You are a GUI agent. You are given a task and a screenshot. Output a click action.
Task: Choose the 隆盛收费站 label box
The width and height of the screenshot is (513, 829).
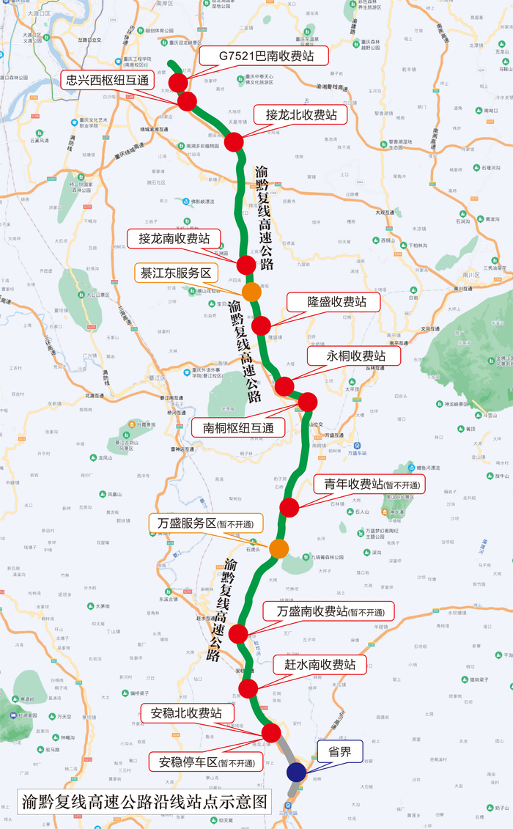333,302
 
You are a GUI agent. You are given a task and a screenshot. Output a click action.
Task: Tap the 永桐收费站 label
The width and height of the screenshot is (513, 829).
354,356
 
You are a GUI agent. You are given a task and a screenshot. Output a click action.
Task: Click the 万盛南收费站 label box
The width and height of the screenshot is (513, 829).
328,612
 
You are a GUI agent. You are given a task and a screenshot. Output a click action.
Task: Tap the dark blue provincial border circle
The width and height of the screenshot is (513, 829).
296,772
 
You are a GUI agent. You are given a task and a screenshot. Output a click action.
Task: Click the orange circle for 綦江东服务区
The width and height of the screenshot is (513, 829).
251,292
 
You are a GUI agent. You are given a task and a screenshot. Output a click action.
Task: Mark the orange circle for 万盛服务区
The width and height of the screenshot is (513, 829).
278,548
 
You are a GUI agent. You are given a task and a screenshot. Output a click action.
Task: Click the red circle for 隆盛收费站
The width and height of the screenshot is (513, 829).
261,325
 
